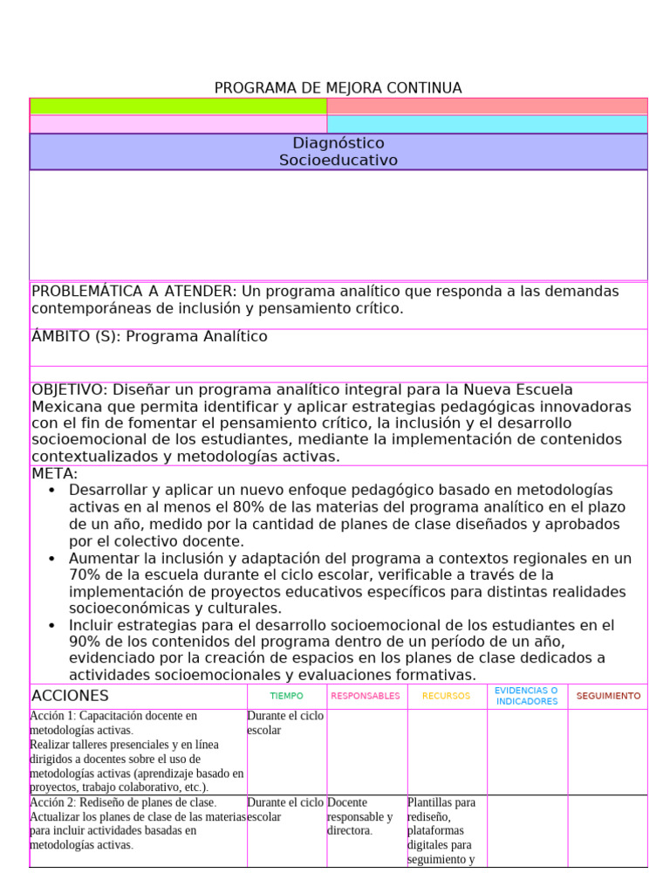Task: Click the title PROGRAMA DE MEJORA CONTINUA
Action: coord(338,88)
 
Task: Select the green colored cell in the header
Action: coord(178,107)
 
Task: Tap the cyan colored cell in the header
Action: coord(487,124)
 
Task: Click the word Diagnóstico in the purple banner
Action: coord(338,143)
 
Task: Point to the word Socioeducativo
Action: coord(338,161)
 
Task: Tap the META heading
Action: coord(54,473)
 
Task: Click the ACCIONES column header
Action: coord(70,696)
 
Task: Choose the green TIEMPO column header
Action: coord(286,697)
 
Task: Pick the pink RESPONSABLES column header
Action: coord(366,697)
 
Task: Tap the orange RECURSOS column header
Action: coord(446,697)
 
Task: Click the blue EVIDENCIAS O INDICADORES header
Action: coord(526,696)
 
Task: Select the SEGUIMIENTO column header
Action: coord(607,697)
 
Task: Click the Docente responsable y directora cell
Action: coord(360,816)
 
